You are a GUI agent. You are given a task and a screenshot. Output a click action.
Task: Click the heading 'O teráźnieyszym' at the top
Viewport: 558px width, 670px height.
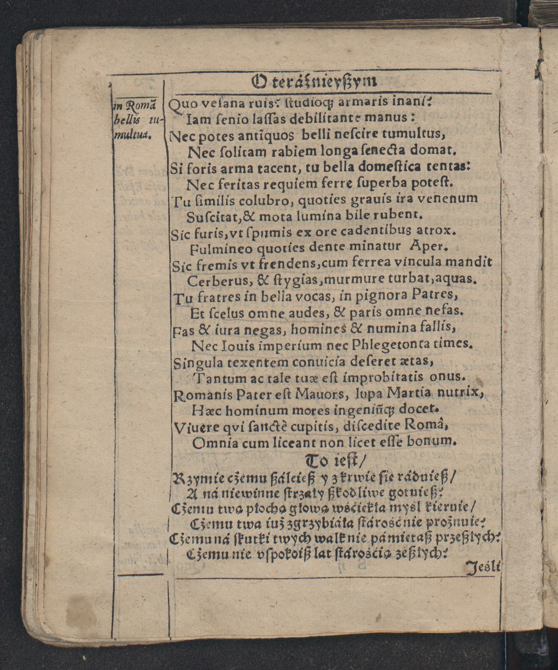pyautogui.click(x=315, y=83)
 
